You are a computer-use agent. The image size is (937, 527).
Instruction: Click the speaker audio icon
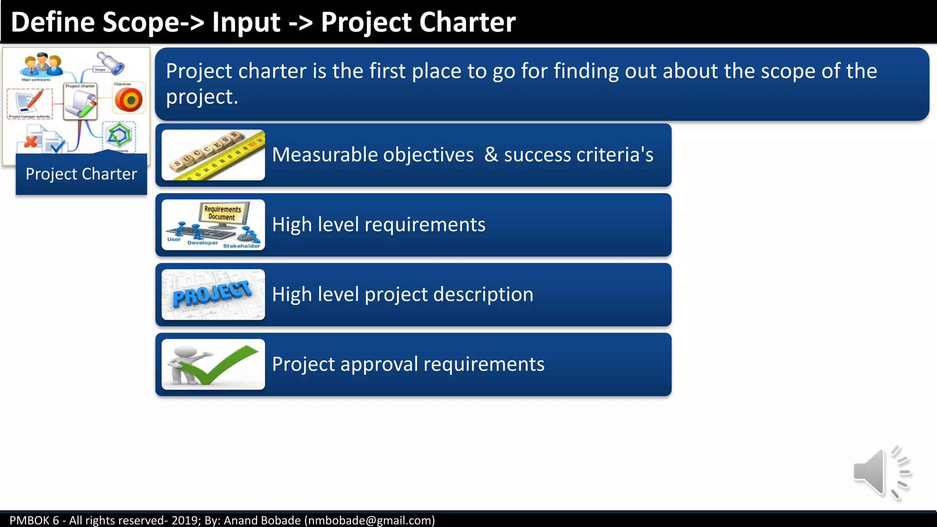[x=881, y=473]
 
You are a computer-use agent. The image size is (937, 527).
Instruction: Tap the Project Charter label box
[x=81, y=174]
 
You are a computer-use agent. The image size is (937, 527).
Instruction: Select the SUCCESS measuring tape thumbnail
[x=213, y=155]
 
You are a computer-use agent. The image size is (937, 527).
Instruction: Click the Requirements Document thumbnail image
[x=213, y=225]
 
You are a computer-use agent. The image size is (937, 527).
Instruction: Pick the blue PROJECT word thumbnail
[x=213, y=295]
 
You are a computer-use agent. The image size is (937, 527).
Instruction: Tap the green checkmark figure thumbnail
[x=213, y=365]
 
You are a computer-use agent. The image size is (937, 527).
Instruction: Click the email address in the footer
[x=370, y=520]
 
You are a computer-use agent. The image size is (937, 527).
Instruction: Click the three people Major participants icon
[x=41, y=65]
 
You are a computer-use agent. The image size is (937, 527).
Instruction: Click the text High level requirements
[x=378, y=225]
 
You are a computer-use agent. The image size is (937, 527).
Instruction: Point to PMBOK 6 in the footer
[x=34, y=520]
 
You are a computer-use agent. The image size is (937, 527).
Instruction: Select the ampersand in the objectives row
[x=491, y=155]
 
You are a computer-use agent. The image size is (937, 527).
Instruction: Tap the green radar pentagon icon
[x=118, y=135]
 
